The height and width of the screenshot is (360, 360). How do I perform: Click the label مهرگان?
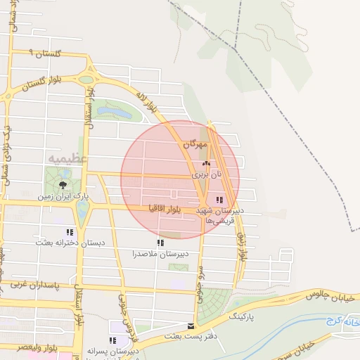pyautogui.click(x=195, y=144)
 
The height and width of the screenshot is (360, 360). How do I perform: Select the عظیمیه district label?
pyautogui.click(x=68, y=159)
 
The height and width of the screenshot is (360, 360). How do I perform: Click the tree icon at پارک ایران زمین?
pyautogui.click(x=64, y=185)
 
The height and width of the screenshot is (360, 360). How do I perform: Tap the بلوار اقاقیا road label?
pyautogui.click(x=166, y=208)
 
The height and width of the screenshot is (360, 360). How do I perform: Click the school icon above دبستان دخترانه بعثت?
pyautogui.click(x=69, y=232)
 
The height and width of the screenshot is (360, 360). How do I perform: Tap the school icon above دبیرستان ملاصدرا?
pyautogui.click(x=161, y=243)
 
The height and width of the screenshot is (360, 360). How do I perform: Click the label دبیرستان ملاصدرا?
pyautogui.click(x=159, y=253)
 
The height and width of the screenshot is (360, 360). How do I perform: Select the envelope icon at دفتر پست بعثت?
pyautogui.click(x=191, y=326)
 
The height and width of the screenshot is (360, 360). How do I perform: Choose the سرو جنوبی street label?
pyautogui.click(x=199, y=269)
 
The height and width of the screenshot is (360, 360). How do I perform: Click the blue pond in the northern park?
pyautogui.click(x=117, y=112)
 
